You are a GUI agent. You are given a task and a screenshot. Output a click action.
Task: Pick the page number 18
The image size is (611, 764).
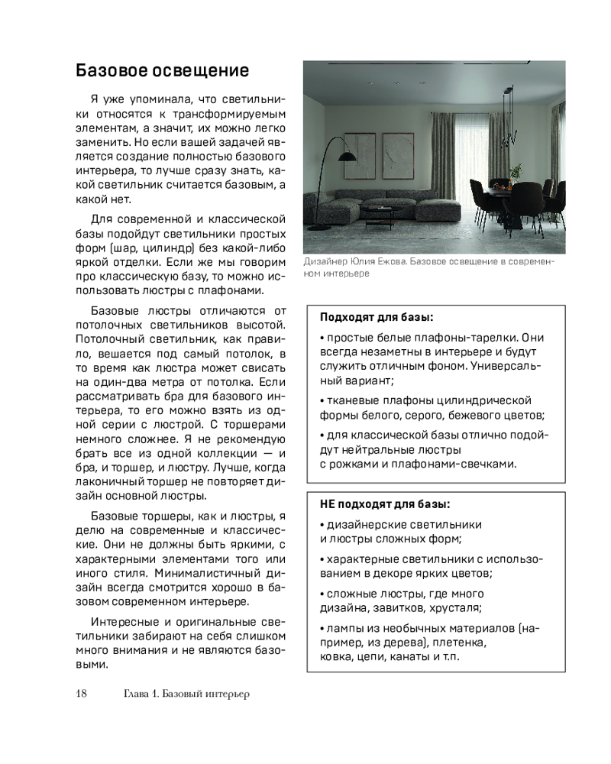[82, 694]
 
